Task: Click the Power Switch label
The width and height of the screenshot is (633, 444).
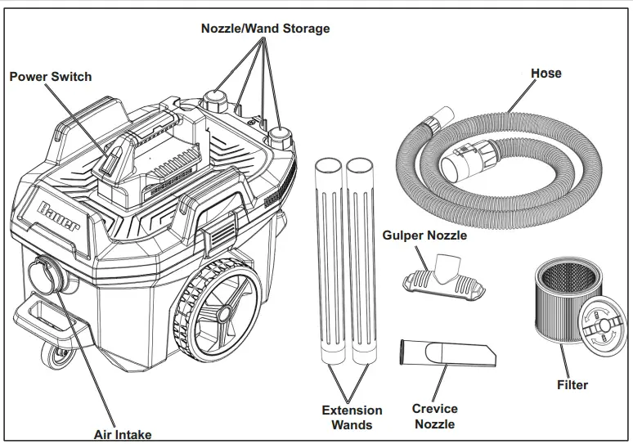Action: point(51,77)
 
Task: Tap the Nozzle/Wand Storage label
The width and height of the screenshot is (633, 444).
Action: point(266,29)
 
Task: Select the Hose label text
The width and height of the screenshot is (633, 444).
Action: point(545,73)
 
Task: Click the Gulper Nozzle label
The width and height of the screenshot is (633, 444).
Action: point(424,235)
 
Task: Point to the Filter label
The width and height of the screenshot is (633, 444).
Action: point(572,384)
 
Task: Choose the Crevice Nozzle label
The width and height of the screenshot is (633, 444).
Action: point(434,416)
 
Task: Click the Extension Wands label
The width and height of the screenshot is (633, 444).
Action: point(352,417)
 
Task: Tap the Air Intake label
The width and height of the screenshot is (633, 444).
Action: point(123,434)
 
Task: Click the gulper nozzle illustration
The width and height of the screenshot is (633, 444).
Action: point(439,277)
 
